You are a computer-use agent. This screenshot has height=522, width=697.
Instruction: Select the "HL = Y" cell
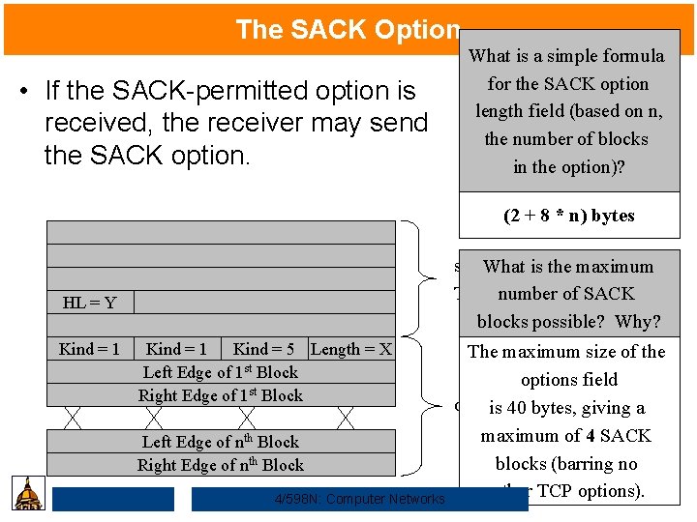[x=89, y=303]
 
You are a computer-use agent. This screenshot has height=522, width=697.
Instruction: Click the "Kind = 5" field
[x=263, y=349]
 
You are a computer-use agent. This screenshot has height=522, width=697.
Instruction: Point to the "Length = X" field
[x=350, y=349]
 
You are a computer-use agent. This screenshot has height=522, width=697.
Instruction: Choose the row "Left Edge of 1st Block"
[x=221, y=372]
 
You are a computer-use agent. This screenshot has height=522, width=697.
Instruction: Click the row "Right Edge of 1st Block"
[x=221, y=395]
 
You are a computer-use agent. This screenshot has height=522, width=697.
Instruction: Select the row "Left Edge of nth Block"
[x=221, y=442]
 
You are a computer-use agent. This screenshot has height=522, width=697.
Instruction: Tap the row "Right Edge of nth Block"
[x=221, y=465]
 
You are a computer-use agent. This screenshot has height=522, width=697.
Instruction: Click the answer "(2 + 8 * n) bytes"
[x=569, y=216]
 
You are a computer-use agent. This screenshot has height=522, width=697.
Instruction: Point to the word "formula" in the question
[x=633, y=56]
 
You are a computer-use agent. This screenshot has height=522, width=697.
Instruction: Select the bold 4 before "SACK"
[x=589, y=436]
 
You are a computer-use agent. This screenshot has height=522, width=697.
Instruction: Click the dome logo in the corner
[x=30, y=493]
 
